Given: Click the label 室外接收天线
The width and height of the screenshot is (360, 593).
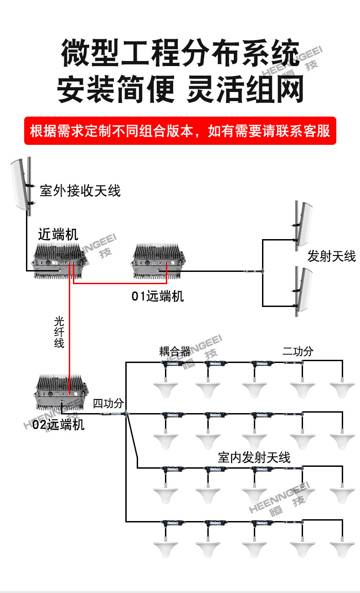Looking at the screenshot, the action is coord(80,190).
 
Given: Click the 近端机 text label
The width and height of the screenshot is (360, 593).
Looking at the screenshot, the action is coord(58,234).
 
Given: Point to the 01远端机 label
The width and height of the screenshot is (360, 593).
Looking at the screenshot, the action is coord(158,296).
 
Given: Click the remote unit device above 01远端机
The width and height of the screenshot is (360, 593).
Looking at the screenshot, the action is coord(158,261).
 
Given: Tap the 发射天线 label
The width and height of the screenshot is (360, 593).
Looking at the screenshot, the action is coord(331,256).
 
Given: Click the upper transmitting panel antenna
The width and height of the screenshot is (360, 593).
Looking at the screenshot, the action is coord(305,224).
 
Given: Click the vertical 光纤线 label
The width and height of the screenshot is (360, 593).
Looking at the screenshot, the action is coord(59,332).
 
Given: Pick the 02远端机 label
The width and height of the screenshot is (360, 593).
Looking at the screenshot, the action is coord(58,424).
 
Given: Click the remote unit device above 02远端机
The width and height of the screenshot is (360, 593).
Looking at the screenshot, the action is coord(61,392).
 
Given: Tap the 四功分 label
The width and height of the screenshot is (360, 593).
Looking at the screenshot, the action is coord(108,404).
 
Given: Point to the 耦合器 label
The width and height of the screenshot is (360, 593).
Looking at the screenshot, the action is coord(175,352).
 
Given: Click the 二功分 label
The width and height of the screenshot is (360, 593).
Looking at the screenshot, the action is coord(298,352).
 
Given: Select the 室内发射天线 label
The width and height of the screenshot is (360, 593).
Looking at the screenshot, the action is coord(254,458).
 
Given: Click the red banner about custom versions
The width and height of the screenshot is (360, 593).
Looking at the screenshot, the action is coord(180,131).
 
